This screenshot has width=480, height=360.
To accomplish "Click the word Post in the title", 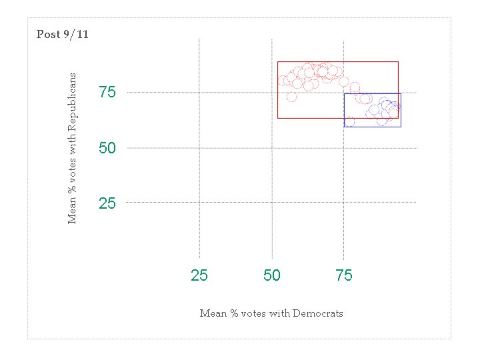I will [x=47, y=35].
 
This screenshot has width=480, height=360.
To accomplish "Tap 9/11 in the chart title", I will [x=75, y=35].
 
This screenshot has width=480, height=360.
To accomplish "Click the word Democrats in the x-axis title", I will [x=317, y=313].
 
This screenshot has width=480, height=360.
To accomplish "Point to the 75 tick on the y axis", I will [x=107, y=93].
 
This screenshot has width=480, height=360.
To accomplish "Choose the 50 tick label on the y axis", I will [x=107, y=148].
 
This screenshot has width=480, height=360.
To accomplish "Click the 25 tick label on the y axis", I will [x=107, y=203].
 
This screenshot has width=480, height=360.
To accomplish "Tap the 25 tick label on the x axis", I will [x=199, y=275].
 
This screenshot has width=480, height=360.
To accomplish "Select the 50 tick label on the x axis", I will [x=272, y=275].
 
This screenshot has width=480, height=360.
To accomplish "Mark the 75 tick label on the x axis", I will [x=344, y=275].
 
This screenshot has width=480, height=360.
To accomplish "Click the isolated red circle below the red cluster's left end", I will [x=291, y=97].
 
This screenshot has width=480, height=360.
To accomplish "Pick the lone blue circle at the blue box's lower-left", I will [x=349, y=121].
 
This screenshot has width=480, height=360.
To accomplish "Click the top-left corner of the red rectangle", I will [x=278, y=62].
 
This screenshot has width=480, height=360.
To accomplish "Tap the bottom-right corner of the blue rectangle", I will [x=401, y=127].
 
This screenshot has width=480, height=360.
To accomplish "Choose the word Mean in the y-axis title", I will [x=73, y=211].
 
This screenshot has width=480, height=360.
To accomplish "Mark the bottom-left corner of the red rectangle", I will [x=278, y=119].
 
